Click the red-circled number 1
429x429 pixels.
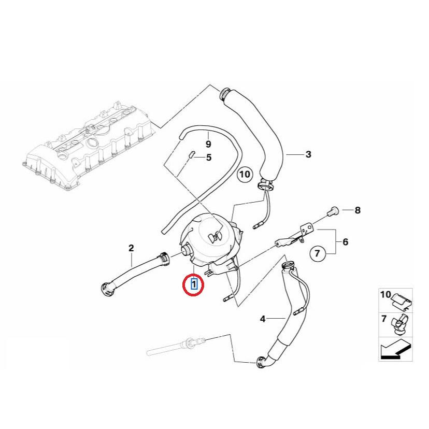pyautogui.click(x=194, y=283)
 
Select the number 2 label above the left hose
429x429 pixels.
pyautogui.click(x=131, y=248)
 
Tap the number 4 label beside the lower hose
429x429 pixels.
pyautogui.click(x=263, y=319)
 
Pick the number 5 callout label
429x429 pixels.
pyautogui.click(x=209, y=157)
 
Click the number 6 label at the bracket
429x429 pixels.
pyautogui.click(x=345, y=241)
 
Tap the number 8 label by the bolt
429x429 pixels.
pyautogui.click(x=357, y=210)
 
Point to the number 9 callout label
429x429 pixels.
pyautogui.click(x=208, y=144)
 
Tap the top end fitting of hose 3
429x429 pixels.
pyautogui.click(x=226, y=94)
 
